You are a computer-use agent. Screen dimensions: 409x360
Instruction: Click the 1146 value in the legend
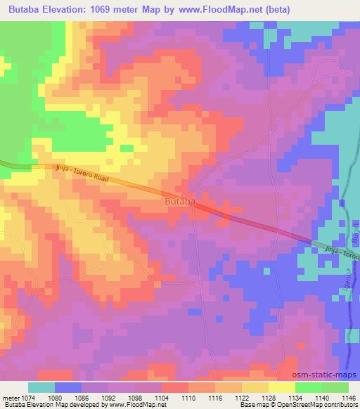pos(347,398)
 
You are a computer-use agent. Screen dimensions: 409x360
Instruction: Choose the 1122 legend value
pos(242,398)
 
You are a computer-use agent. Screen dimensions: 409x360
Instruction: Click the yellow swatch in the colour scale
pos(282,387)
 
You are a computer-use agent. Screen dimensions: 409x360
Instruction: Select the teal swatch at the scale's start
pos(41,387)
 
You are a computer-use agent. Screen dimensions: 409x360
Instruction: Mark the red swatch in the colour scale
pos(174,387)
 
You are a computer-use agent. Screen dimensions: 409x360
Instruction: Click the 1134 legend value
pos(295,398)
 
